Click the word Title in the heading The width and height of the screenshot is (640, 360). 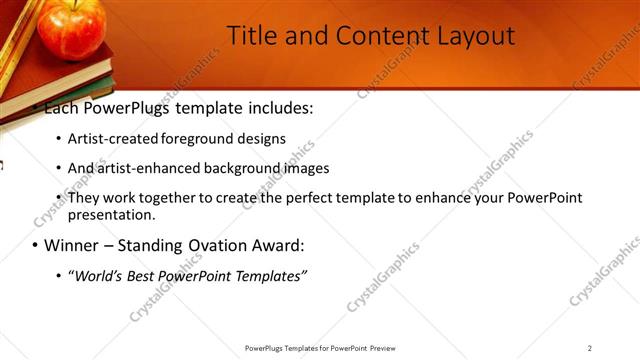[x=251, y=37]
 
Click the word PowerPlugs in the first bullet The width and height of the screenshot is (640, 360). [x=132, y=106]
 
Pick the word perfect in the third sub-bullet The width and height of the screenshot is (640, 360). [x=308, y=198]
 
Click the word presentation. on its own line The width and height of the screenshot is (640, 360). [x=112, y=214]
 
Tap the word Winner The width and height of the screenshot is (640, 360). [x=73, y=245]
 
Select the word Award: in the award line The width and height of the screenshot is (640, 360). [x=277, y=245]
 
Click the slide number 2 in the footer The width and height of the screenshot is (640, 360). [x=589, y=348]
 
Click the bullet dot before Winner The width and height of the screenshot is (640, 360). [x=36, y=246]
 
